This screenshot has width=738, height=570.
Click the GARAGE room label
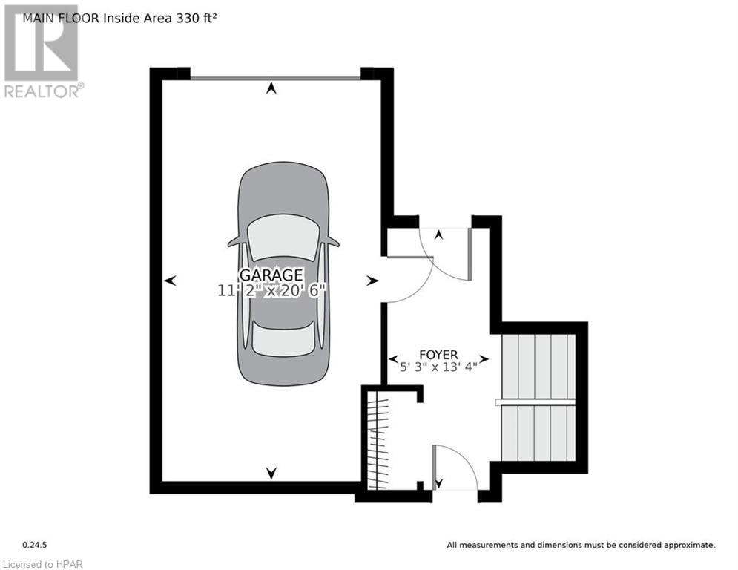[271, 275]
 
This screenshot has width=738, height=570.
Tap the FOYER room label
[438, 354]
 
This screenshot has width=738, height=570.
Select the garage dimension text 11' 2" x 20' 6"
[272, 291]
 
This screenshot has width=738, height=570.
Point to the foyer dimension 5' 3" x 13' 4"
[439, 366]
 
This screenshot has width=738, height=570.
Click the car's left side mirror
[234, 242]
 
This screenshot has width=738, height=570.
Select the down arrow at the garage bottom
[271, 472]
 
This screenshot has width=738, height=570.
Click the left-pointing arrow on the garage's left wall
[171, 281]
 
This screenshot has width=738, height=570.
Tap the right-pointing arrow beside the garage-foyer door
[372, 281]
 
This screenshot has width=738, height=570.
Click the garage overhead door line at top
[274, 76]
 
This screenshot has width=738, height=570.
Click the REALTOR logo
[42, 52]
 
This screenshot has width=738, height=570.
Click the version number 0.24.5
[34, 545]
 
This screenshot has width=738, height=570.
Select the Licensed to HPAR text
[42, 563]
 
